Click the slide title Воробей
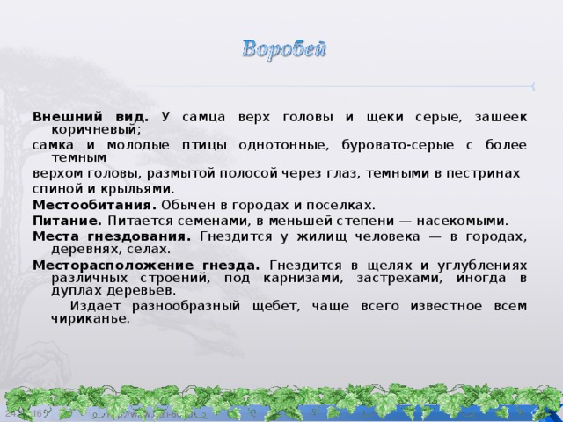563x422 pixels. [x=283, y=47]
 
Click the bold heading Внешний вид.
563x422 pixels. [x=91, y=116]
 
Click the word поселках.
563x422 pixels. [x=343, y=204]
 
